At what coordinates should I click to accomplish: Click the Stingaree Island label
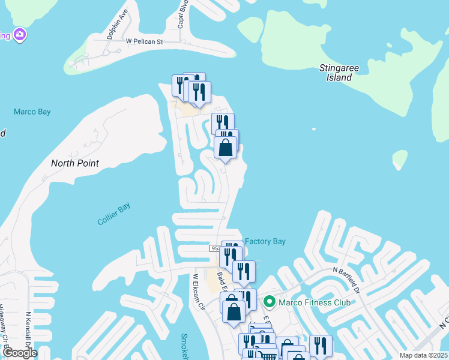coord(339,73)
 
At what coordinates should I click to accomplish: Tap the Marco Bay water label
coord(32,112)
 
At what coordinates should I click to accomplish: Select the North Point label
coord(74,163)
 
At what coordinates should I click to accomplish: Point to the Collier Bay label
coord(114,214)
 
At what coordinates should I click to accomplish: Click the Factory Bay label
coord(265,241)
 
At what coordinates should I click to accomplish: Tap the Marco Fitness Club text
coord(314,302)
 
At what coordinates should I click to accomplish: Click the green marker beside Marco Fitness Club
coord(270,302)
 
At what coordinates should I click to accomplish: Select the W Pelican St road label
coord(145,41)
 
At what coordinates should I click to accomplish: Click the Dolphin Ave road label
coord(118,24)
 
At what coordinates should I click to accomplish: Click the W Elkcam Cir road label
coord(199,292)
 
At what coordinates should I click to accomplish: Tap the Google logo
coord(19,353)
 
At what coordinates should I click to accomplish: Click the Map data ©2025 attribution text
coord(423,355)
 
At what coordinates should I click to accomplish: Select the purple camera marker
coord(20,34)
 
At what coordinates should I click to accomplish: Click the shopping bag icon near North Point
coord(225,148)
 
